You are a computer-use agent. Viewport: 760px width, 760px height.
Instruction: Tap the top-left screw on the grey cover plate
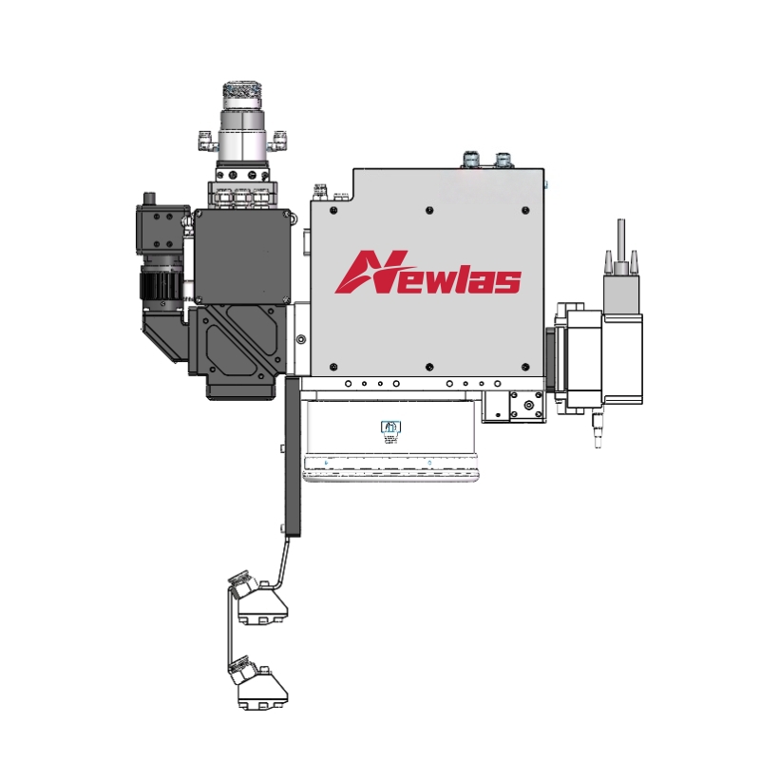click(333, 210)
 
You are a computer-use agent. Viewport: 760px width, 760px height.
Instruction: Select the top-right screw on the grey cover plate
click(525, 210)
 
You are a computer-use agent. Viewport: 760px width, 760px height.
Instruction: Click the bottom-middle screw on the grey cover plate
click(429, 367)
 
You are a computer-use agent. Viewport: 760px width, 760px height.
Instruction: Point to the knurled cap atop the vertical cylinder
click(242, 96)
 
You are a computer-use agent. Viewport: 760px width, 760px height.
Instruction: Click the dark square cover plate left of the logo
click(242, 256)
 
